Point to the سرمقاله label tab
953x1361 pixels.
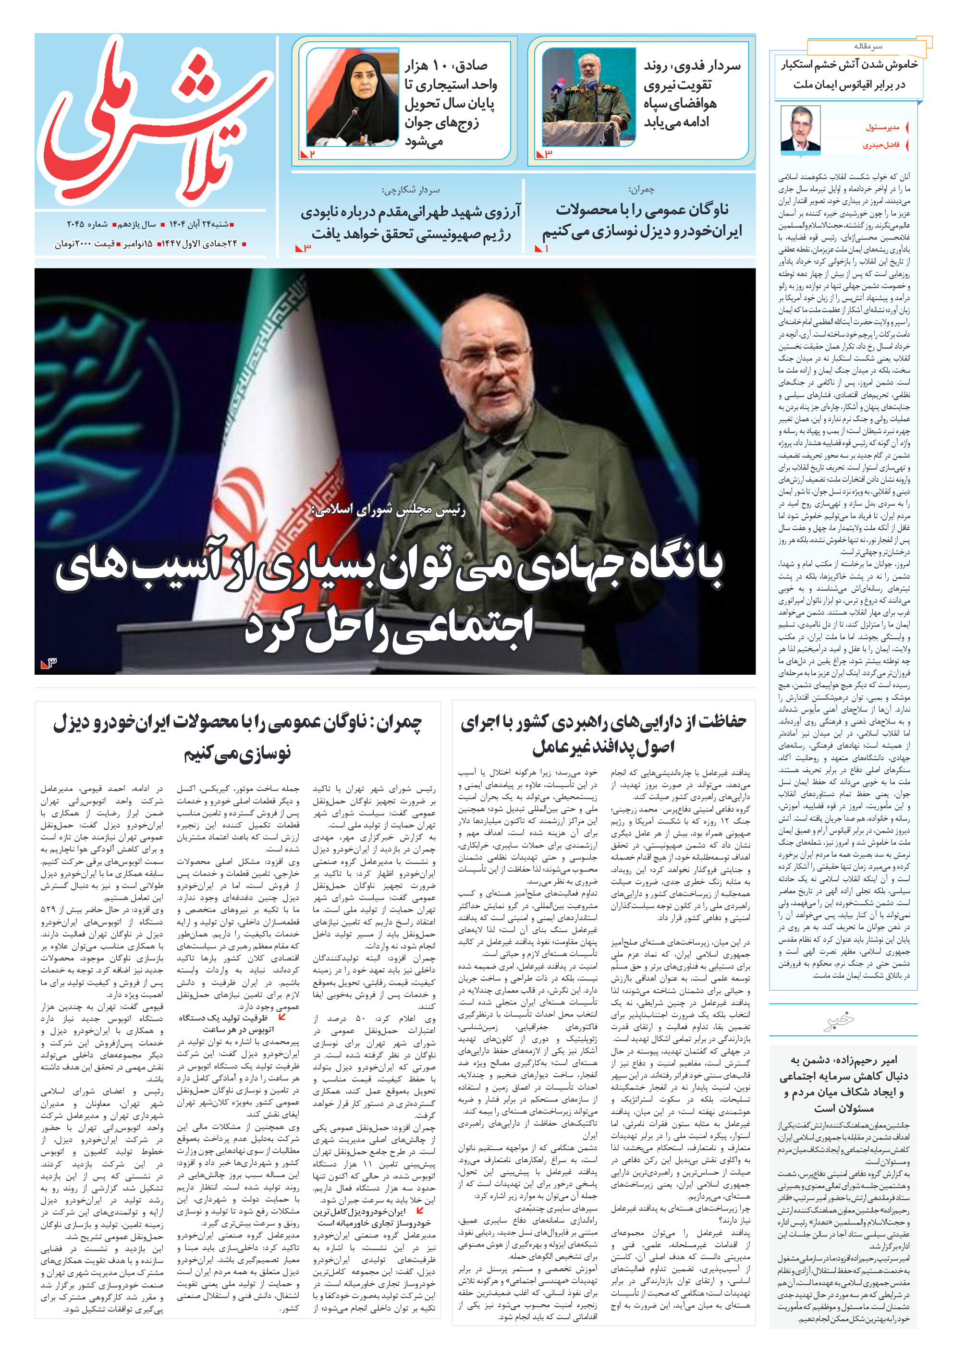[x=867, y=46]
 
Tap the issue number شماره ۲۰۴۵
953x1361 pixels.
[x=86, y=224]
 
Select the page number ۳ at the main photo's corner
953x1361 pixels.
[x=49, y=663]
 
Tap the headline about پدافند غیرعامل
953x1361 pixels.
[x=603, y=734]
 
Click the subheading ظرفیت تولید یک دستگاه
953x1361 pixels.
[x=223, y=1018]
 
